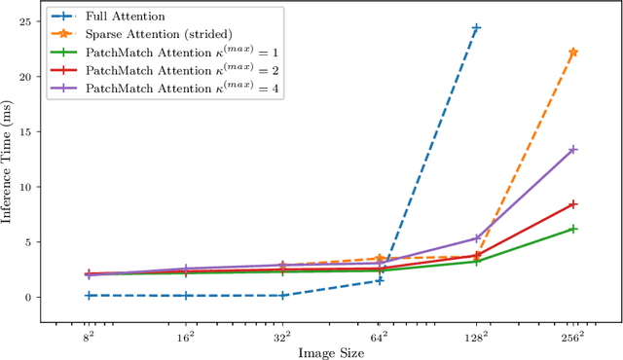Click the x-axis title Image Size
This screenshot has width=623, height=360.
(x=330, y=352)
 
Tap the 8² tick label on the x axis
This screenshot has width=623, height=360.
(x=88, y=335)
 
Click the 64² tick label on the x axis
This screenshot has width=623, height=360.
(x=380, y=335)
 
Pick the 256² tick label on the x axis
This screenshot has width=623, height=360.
(x=572, y=335)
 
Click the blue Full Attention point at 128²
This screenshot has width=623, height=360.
(x=476, y=27)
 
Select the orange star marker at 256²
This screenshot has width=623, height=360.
(x=573, y=52)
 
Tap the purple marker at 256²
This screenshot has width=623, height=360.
(x=573, y=150)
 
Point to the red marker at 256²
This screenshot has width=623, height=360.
(x=573, y=204)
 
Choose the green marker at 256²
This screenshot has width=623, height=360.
(x=573, y=229)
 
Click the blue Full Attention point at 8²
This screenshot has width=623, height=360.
(x=88, y=295)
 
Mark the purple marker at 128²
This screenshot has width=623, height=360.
(x=476, y=238)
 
